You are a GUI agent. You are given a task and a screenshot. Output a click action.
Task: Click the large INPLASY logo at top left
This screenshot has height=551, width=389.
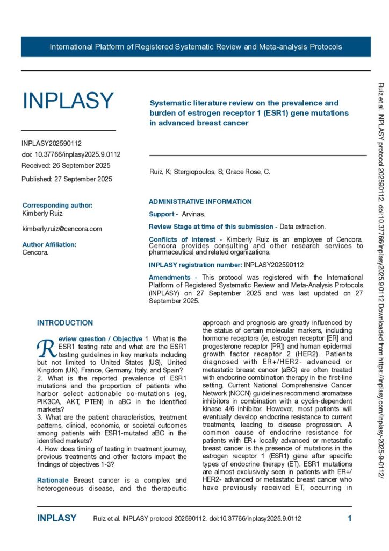(x=68, y=101)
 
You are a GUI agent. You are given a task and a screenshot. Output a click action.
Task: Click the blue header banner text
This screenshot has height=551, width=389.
(x=196, y=47)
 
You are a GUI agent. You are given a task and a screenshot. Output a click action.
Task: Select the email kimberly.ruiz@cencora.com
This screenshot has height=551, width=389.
(x=62, y=229)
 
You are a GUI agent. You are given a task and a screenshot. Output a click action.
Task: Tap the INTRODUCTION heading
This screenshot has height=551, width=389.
(x=64, y=323)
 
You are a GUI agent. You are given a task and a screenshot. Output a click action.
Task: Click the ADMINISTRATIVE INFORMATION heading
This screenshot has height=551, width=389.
(x=200, y=202)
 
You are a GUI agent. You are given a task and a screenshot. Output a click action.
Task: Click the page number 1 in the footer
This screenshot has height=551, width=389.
(x=349, y=519)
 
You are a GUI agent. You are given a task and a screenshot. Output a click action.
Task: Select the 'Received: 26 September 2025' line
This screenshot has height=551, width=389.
(x=66, y=165)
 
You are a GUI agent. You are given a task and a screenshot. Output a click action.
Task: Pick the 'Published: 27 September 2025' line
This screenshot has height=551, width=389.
(x=67, y=179)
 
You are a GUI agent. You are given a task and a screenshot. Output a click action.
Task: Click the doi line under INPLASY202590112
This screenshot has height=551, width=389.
(x=71, y=154)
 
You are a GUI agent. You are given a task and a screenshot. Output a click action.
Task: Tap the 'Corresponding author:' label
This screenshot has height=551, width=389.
(x=57, y=205)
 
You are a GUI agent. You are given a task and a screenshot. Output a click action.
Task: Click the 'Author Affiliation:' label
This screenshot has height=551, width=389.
(x=49, y=244)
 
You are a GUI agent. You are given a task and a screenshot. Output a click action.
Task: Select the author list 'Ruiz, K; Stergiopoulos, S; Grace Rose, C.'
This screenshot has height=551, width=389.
(x=210, y=172)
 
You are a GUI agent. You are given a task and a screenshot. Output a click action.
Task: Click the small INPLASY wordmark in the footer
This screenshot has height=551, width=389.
(x=56, y=519)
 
